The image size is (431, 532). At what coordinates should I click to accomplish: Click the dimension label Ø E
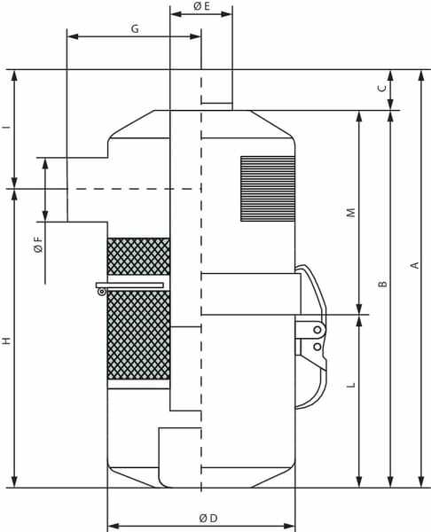click(x=201, y=6)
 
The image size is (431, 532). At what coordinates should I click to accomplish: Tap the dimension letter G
click(x=135, y=29)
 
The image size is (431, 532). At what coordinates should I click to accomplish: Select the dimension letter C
click(x=382, y=88)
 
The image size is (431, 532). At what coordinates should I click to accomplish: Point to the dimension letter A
click(x=415, y=265)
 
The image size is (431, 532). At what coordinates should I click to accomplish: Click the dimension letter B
click(x=383, y=284)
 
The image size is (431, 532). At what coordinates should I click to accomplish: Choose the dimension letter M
click(x=351, y=213)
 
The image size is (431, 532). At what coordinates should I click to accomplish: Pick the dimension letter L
click(x=351, y=385)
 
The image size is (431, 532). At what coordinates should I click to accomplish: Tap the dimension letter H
click(x=7, y=341)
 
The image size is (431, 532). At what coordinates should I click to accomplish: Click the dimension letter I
click(x=7, y=127)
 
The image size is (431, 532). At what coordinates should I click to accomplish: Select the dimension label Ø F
click(x=39, y=245)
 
